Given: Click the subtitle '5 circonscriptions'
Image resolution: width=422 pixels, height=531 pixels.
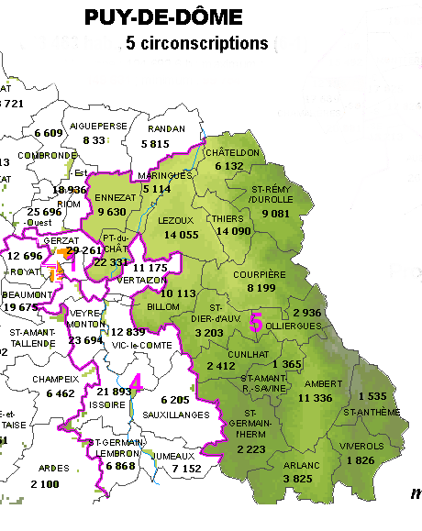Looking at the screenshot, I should (x=194, y=44).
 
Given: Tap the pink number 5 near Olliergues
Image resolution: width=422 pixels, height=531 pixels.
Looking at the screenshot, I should (x=256, y=322).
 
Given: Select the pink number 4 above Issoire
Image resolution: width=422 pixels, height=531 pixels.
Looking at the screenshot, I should (x=136, y=382).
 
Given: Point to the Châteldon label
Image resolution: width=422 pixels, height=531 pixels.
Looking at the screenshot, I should (x=235, y=152).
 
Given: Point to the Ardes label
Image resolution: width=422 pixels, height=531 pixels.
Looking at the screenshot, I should (x=55, y=467).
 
